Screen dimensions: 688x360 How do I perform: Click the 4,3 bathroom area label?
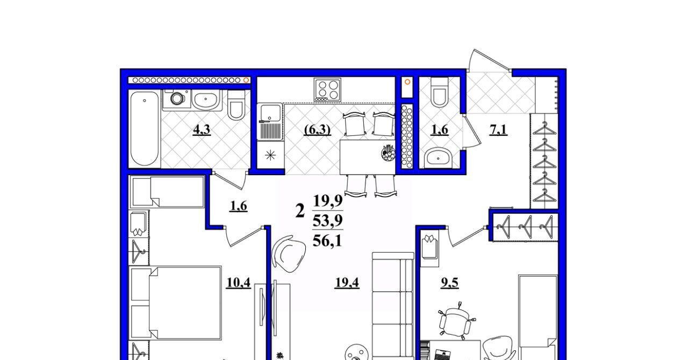[x=202, y=130]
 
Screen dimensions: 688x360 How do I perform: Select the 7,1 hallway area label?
[x=498, y=130]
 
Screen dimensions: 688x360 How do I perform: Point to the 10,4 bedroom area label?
[x=238, y=283]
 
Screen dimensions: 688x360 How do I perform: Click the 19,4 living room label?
[x=347, y=283]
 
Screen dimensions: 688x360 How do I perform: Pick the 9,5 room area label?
[x=450, y=283]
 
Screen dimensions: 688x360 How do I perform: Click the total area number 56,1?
[x=327, y=241]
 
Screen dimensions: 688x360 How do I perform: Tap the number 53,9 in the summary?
[x=328, y=220]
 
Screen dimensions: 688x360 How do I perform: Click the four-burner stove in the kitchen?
[x=327, y=89]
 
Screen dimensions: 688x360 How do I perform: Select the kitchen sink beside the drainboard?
[x=270, y=112]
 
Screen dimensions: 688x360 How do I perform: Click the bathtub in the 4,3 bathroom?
[x=145, y=129]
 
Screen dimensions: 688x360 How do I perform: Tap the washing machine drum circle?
[x=177, y=98]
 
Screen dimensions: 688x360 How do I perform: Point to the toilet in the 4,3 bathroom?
[x=236, y=105]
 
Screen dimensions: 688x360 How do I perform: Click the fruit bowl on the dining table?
[x=388, y=153]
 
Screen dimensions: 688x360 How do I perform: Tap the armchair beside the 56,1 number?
[x=289, y=254]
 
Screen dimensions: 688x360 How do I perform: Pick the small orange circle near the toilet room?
[x=407, y=82]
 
